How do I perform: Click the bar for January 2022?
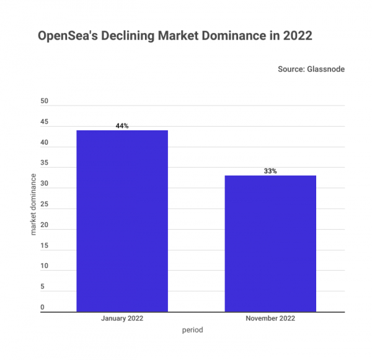(x=122, y=220)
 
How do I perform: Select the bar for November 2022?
(x=270, y=243)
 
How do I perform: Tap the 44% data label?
(x=122, y=126)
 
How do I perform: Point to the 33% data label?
(x=270, y=171)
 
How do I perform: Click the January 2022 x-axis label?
(x=122, y=318)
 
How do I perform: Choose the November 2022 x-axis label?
(x=270, y=318)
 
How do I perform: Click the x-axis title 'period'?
(x=193, y=330)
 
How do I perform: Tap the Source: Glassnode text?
(x=311, y=70)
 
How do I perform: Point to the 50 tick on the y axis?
(x=43, y=101)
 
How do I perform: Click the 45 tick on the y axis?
(x=43, y=122)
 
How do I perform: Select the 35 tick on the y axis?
(x=43, y=163)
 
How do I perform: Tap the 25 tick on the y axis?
(x=43, y=204)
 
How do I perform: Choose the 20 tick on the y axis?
(x=43, y=225)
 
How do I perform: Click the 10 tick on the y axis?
(x=43, y=266)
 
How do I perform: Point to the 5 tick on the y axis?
(x=42, y=287)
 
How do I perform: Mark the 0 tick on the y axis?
(x=42, y=307)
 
